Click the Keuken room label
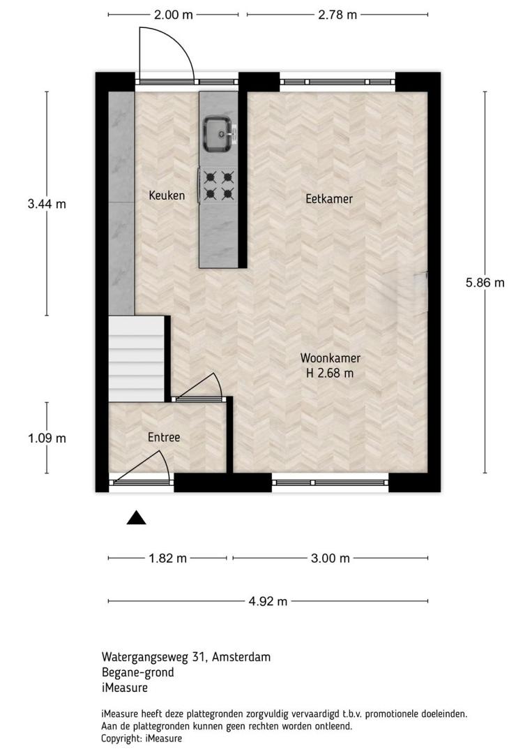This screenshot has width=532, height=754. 167,195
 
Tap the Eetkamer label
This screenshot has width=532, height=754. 329,198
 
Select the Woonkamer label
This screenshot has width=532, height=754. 330,357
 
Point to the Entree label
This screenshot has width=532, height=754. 164,437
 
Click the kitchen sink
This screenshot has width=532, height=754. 219,134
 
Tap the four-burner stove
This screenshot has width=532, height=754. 218,186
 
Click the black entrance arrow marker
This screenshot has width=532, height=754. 137,517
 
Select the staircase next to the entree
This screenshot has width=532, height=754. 137,359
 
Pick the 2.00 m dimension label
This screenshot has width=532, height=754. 174,15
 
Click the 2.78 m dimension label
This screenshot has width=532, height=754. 337,15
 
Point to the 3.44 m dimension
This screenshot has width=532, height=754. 47,204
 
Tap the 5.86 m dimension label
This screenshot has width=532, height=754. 485,283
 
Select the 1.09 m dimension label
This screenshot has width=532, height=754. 47,438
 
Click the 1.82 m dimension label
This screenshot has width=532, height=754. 167,559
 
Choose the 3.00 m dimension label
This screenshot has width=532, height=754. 330,559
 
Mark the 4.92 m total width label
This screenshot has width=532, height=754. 268,601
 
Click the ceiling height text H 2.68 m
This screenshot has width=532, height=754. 330,373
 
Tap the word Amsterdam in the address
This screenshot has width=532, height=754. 241,657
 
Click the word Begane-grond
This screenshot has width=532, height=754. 138,672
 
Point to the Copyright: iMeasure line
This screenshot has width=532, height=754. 142,738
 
